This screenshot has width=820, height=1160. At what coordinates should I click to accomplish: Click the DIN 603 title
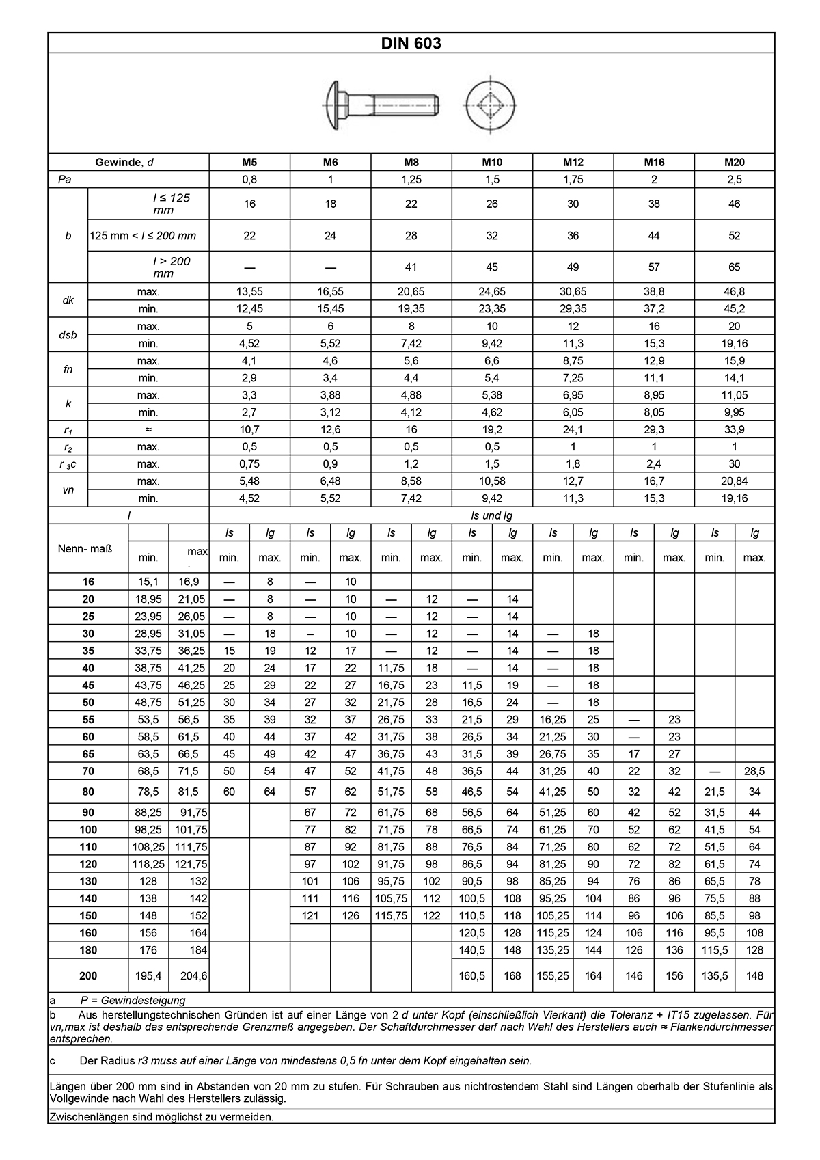pyautogui.click(x=411, y=43)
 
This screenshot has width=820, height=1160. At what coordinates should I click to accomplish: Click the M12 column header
pyautogui.click(x=573, y=162)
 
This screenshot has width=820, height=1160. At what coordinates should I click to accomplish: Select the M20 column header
pyautogui.click(x=735, y=162)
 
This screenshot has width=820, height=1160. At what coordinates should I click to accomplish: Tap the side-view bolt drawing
pyautogui.click(x=381, y=105)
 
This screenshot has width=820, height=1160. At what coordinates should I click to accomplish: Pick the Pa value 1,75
pyautogui.click(x=573, y=180)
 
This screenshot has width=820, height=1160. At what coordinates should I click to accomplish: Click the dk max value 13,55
pyautogui.click(x=249, y=292)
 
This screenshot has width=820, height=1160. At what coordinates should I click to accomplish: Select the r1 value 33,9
pyautogui.click(x=735, y=429)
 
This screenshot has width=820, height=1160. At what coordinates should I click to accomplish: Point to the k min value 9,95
pyautogui.click(x=735, y=412)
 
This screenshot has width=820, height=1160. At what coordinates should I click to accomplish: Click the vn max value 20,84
pyautogui.click(x=735, y=481)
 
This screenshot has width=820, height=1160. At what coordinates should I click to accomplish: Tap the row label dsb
pyautogui.click(x=68, y=335)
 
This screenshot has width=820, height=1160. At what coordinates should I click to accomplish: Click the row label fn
pyautogui.click(x=68, y=369)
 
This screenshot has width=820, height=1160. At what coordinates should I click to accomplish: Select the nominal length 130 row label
pyautogui.click(x=88, y=881)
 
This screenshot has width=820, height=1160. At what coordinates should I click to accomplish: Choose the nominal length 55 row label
pyautogui.click(x=88, y=720)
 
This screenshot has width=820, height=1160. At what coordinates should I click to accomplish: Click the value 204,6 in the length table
pyautogui.click(x=188, y=976)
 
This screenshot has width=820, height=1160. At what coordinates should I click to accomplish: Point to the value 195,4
pyautogui.click(x=148, y=976)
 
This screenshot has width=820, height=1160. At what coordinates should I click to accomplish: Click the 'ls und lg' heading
pyautogui.click(x=491, y=515)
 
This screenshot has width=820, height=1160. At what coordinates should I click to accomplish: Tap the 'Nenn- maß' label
pyautogui.click(x=88, y=549)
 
